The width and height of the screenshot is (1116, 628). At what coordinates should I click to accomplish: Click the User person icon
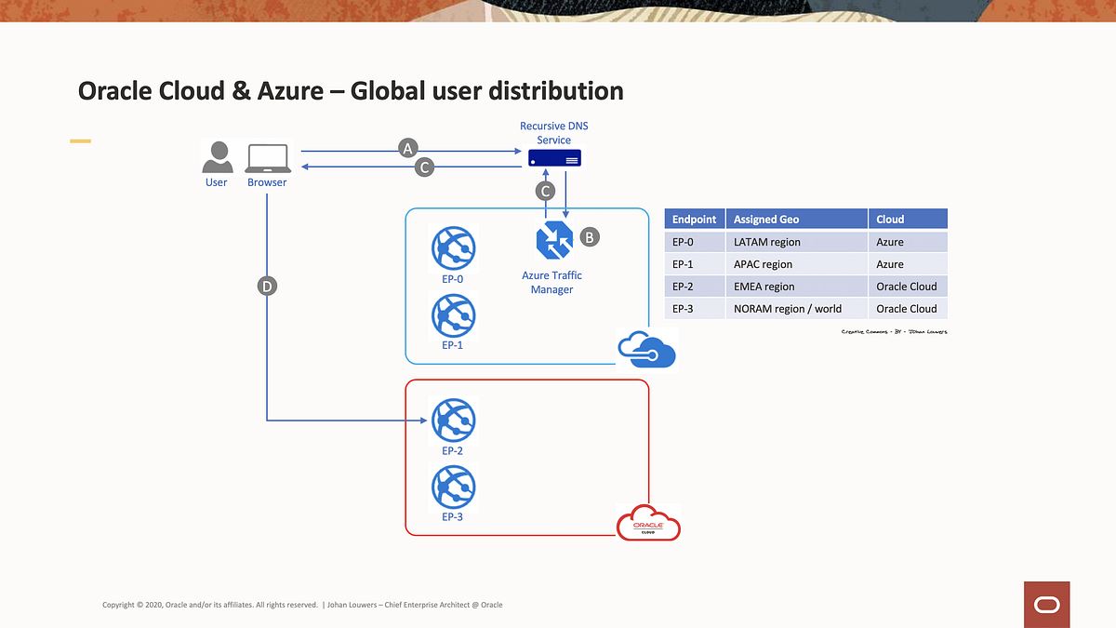point(217,157)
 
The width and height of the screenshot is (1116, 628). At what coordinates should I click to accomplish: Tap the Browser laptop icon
point(268,158)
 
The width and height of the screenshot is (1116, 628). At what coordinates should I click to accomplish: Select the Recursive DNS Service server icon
point(554,158)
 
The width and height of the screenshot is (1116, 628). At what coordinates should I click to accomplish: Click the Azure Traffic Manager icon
point(554,242)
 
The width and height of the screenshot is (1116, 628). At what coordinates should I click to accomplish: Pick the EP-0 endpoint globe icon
point(453,248)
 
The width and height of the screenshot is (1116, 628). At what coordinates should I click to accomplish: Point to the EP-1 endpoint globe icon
point(453,314)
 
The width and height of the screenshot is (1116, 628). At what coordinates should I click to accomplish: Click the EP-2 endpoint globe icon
point(453,421)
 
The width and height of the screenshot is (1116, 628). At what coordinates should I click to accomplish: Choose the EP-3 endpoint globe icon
point(453,487)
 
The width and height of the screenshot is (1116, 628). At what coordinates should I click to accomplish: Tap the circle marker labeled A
point(407,147)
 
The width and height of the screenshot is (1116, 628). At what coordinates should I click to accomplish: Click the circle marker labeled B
point(590,236)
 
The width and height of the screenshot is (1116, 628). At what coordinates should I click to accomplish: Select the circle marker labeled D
point(267,287)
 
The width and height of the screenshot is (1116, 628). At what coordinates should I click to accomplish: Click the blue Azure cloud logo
point(646,350)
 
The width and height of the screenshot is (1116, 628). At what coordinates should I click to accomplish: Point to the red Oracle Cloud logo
point(648,523)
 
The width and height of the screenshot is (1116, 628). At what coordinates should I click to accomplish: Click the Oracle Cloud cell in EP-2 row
point(907,287)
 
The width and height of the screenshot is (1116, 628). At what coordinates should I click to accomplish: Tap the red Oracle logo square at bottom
point(1046,604)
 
